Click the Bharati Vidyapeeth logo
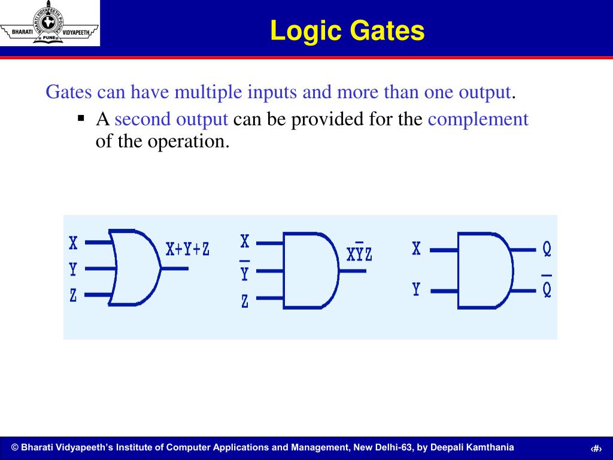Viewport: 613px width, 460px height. click(x=50, y=23)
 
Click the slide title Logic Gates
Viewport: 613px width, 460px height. click(x=347, y=31)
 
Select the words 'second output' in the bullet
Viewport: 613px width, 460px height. click(x=171, y=119)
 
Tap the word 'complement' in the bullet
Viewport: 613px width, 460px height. click(x=478, y=119)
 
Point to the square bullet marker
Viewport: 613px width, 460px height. click(x=81, y=118)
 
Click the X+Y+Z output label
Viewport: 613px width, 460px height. click(x=187, y=249)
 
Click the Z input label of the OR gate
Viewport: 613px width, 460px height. click(x=73, y=295)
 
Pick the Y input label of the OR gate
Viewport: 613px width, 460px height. click(x=73, y=270)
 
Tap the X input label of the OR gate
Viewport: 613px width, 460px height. click(x=73, y=243)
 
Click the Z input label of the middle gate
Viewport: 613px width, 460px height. click(x=244, y=301)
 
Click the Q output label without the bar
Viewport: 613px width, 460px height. click(x=547, y=249)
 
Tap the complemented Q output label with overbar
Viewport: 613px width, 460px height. click(x=547, y=288)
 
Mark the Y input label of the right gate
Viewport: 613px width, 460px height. click(x=416, y=290)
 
